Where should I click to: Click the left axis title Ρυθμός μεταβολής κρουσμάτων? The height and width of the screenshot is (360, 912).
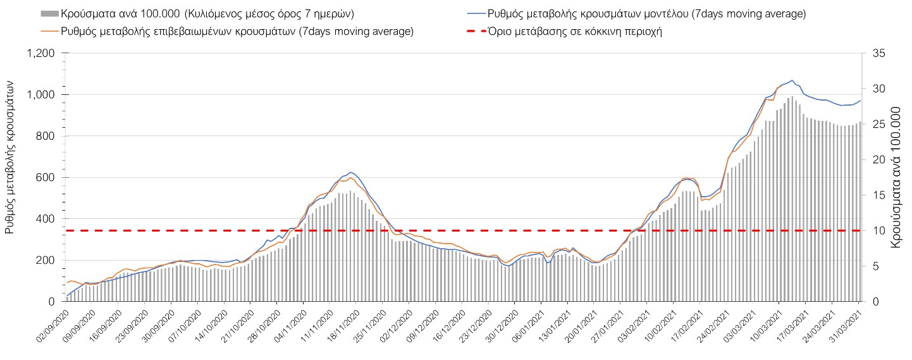coord(11,157)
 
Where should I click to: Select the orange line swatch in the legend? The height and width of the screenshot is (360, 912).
coord(49,31)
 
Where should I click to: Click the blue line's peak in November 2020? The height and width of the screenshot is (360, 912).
coord(351,172)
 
